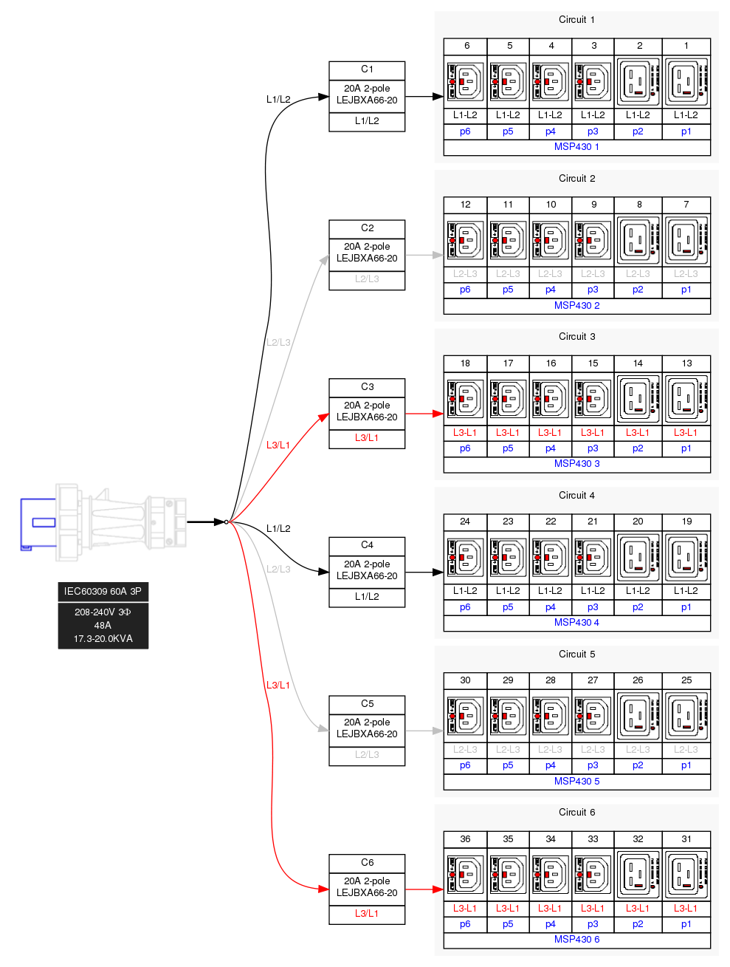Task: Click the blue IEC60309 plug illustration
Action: pyautogui.click(x=103, y=522)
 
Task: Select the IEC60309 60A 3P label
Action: pyautogui.click(x=103, y=591)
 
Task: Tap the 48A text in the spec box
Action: pyautogui.click(x=103, y=625)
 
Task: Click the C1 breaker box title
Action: pyautogui.click(x=367, y=69)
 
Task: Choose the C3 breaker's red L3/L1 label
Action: pyautogui.click(x=367, y=437)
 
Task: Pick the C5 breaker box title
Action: pyautogui.click(x=367, y=703)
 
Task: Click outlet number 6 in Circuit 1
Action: pyautogui.click(x=466, y=46)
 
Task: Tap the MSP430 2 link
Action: pyautogui.click(x=576, y=305)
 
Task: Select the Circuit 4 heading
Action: pyautogui.click(x=576, y=495)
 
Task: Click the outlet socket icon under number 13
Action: pyautogui.click(x=686, y=398)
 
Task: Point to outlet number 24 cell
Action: pyautogui.click(x=465, y=522)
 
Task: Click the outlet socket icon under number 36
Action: pyautogui.click(x=465, y=874)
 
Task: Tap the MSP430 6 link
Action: pyautogui.click(x=576, y=939)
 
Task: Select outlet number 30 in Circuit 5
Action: pyautogui.click(x=465, y=680)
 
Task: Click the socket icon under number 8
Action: pyautogui.click(x=638, y=240)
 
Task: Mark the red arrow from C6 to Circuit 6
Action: pyautogui.click(x=424, y=889)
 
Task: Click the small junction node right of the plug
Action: pyautogui.click(x=227, y=522)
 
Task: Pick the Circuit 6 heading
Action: pyautogui.click(x=576, y=812)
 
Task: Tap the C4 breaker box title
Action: pyautogui.click(x=367, y=544)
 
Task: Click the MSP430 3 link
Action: pyautogui.click(x=576, y=463)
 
